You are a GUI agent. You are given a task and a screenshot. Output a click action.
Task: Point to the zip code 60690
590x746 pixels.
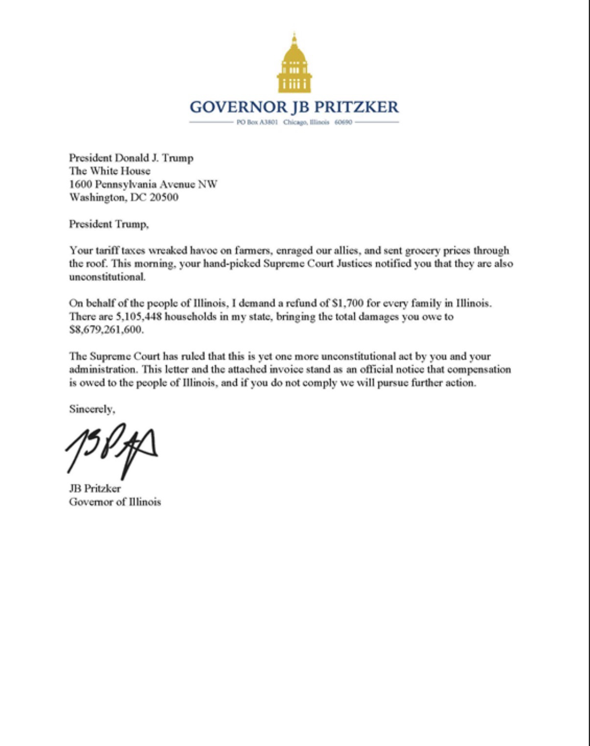(x=343, y=122)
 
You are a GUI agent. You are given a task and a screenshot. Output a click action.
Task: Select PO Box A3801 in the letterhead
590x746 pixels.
(x=257, y=122)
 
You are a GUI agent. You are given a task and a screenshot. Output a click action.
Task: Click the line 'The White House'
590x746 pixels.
(x=110, y=171)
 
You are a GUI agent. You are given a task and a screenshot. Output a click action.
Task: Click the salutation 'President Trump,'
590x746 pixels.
(x=109, y=224)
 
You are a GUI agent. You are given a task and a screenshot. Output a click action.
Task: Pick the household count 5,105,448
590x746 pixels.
(x=138, y=316)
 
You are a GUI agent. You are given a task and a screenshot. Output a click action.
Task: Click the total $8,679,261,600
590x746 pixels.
(x=107, y=330)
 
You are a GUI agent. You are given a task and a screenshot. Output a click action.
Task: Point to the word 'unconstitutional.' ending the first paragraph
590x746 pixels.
(x=108, y=277)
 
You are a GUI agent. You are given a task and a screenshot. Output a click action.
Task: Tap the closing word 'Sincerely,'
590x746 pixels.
(x=92, y=409)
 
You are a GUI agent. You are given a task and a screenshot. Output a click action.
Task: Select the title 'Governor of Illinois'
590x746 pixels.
(x=115, y=502)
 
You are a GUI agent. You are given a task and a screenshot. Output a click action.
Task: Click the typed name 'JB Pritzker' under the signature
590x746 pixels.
(x=95, y=489)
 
